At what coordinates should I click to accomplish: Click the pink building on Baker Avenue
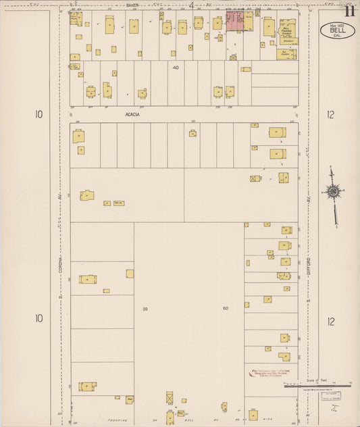click(x=235, y=21)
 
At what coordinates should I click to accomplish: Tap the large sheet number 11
click(x=349, y=10)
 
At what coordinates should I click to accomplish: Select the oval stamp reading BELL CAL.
click(x=336, y=30)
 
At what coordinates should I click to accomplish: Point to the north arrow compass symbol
click(x=332, y=192)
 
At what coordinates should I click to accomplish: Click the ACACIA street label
click(x=132, y=114)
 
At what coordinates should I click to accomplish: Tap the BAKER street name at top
click(x=132, y=5)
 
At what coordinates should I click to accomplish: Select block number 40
click(x=176, y=68)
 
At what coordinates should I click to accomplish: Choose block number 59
click(x=145, y=309)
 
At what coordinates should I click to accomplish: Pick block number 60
click(x=226, y=309)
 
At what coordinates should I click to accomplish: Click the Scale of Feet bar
click(x=317, y=386)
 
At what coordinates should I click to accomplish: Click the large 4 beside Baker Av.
click(x=191, y=6)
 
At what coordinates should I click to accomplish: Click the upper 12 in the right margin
click(x=330, y=116)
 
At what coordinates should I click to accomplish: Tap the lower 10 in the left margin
click(x=38, y=318)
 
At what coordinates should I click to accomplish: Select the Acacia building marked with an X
click(x=255, y=178)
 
